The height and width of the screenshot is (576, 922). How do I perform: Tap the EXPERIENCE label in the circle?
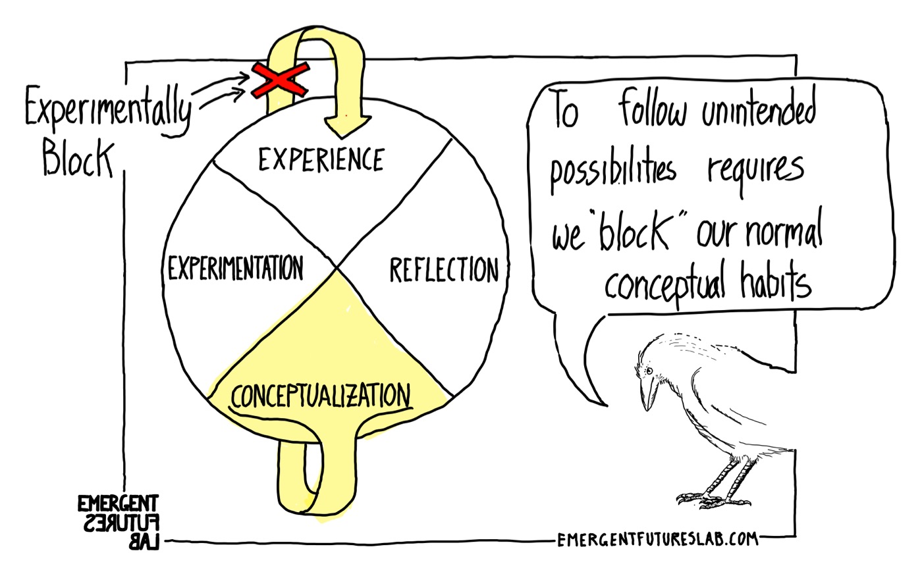click(321, 160)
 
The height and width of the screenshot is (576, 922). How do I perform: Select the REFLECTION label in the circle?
click(443, 270)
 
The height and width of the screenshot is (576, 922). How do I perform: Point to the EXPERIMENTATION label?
click(235, 268)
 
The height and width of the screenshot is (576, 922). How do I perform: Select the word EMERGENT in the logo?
click(118, 504)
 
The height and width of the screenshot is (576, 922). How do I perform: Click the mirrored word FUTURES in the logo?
click(119, 524)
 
